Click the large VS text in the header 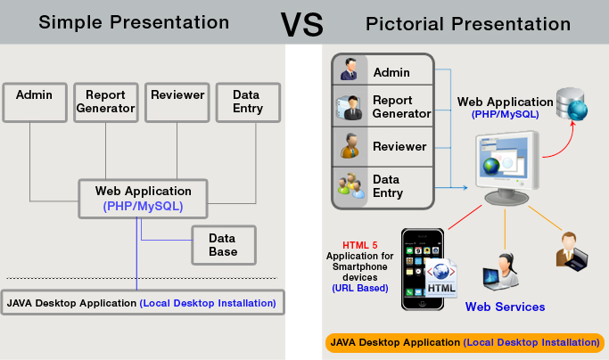[301, 24]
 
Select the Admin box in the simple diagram [35, 102]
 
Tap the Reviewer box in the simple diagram [177, 102]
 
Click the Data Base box [224, 245]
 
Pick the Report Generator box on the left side [105, 102]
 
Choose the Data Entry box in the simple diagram [248, 102]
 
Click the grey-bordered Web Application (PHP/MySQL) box [143, 199]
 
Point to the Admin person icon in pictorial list [349, 70]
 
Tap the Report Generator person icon [349, 107]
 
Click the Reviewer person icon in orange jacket [350, 145]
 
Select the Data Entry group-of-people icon [351, 186]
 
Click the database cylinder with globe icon [572, 103]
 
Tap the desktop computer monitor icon [506, 168]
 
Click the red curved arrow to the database [566, 144]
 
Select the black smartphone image [423, 269]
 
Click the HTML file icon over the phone [441, 278]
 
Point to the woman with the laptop [501, 272]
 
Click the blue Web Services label [505, 307]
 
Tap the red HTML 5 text [360, 245]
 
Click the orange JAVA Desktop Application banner [465, 343]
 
